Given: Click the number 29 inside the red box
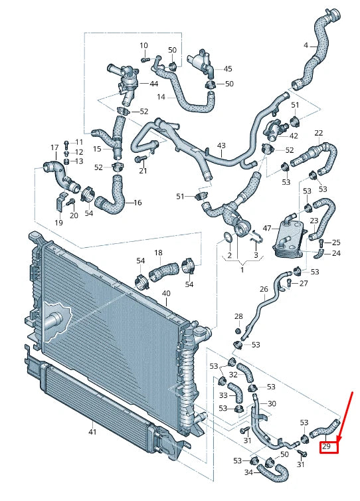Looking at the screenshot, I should click(x=327, y=447).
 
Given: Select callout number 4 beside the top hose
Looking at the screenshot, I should click(x=306, y=46).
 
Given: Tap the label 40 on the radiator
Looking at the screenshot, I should click(x=165, y=293).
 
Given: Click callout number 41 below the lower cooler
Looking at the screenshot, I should click(x=92, y=433).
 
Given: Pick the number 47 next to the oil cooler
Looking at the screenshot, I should click(x=267, y=228).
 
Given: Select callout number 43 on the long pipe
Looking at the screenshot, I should click(x=221, y=146).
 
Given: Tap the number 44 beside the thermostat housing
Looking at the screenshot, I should click(x=153, y=84).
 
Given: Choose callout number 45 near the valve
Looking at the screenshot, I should click(x=228, y=68).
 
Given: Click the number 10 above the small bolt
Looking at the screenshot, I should click(x=143, y=45).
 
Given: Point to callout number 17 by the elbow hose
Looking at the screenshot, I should click(x=54, y=147).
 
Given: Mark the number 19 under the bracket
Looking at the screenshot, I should click(x=58, y=223).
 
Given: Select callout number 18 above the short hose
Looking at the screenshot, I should click(x=158, y=253).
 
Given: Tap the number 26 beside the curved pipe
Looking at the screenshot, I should click(x=264, y=289).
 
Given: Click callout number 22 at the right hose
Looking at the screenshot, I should click(x=318, y=134).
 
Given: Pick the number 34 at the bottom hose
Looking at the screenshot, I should click(x=247, y=472).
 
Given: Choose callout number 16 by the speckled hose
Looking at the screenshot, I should click(x=138, y=203).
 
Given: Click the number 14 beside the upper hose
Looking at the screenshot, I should click(x=161, y=97).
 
